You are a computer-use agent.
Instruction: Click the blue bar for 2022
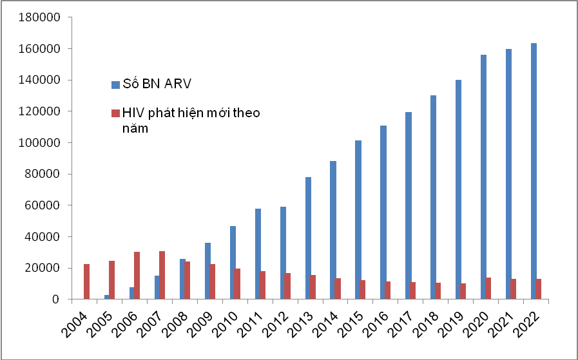534,171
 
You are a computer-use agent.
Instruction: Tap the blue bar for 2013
308,238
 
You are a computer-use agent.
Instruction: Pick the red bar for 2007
162,275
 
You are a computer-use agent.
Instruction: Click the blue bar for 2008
182,279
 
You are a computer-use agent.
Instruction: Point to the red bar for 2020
488,289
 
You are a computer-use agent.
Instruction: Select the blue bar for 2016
383,212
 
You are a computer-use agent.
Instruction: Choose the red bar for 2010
238,284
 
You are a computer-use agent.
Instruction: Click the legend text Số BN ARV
153,84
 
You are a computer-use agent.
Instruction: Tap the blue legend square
115,84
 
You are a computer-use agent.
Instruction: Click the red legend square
115,113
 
